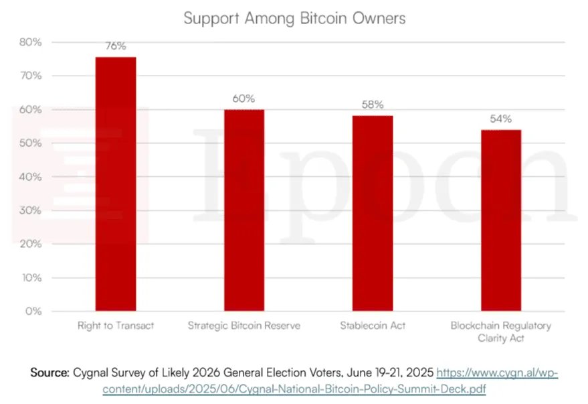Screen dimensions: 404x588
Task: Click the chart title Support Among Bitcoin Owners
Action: point(294,18)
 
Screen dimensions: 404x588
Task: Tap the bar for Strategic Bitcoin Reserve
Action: point(244,210)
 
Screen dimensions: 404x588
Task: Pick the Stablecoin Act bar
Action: point(373,214)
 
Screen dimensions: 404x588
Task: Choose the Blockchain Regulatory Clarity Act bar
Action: point(501,220)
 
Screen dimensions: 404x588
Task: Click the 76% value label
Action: point(116,46)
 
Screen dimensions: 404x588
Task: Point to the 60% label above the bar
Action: point(244,98)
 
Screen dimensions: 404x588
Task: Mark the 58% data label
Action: point(373,105)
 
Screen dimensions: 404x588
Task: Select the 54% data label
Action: point(501,119)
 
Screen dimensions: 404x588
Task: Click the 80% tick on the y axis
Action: point(30,42)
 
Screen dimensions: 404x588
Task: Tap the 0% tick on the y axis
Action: point(33,312)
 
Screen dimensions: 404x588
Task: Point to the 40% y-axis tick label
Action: point(30,177)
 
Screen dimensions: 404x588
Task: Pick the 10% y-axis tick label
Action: point(30,278)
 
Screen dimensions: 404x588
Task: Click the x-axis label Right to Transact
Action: point(116,326)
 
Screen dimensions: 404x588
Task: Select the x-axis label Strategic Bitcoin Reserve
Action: point(244,326)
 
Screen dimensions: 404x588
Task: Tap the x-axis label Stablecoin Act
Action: point(373,326)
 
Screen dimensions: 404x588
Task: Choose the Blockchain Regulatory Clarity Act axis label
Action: point(501,332)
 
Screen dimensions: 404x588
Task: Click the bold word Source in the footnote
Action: point(49,373)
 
